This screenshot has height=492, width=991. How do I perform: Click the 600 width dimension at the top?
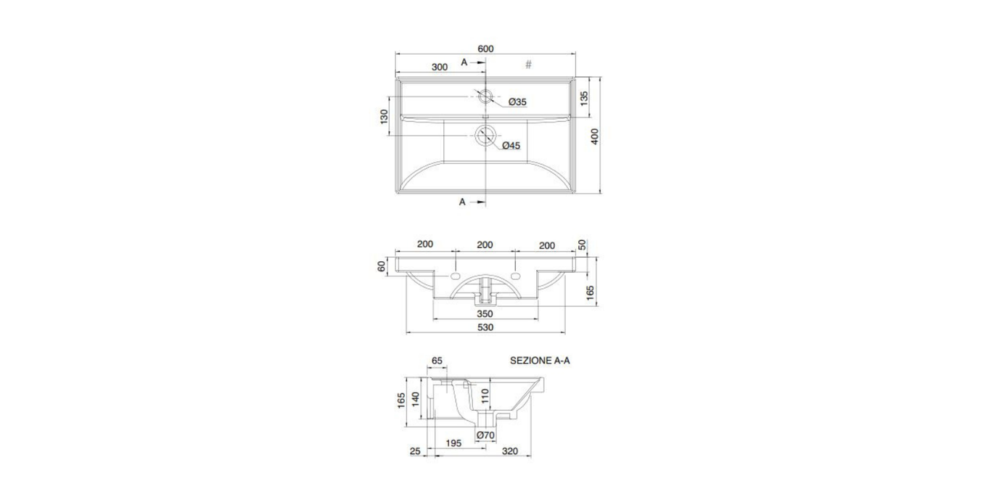click(485, 49)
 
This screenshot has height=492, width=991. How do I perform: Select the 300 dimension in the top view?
click(440, 67)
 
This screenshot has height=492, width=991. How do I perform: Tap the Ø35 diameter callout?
click(517, 102)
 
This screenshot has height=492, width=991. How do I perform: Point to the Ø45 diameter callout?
click(511, 146)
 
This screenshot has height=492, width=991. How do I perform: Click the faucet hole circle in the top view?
click(485, 96)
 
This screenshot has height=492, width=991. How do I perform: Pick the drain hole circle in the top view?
click(485, 136)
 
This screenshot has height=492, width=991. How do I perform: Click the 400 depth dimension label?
click(595, 136)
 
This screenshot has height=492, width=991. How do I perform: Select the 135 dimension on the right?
click(585, 98)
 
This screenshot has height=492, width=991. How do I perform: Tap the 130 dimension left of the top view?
click(384, 116)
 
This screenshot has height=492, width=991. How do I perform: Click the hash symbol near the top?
click(528, 65)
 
